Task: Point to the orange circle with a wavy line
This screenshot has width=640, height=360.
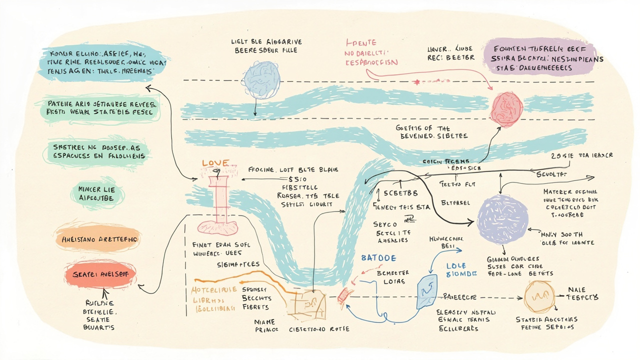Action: pyautogui.click(x=539, y=297)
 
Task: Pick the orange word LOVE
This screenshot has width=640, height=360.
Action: pyautogui.click(x=215, y=163)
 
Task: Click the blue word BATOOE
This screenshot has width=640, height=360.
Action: pyautogui.click(x=378, y=258)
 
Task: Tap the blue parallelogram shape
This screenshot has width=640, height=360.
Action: pyautogui.click(x=427, y=292)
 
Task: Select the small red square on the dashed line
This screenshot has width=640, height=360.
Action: pyautogui.click(x=342, y=296)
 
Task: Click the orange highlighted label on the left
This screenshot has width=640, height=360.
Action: pyautogui.click(x=98, y=240)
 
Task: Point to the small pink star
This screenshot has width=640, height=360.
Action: pyautogui.click(x=416, y=81)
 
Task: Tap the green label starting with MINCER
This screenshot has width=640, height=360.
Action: pyautogui.click(x=96, y=193)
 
